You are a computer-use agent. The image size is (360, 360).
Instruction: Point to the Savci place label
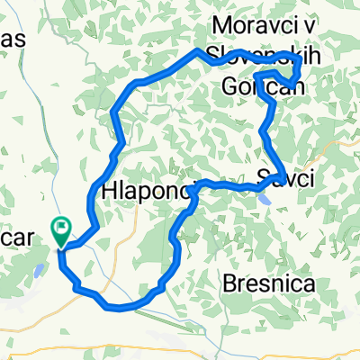(x=285, y=179)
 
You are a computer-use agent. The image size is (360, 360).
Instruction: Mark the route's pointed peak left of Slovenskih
(x=197, y=51)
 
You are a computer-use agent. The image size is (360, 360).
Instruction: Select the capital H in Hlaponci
(x=111, y=191)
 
